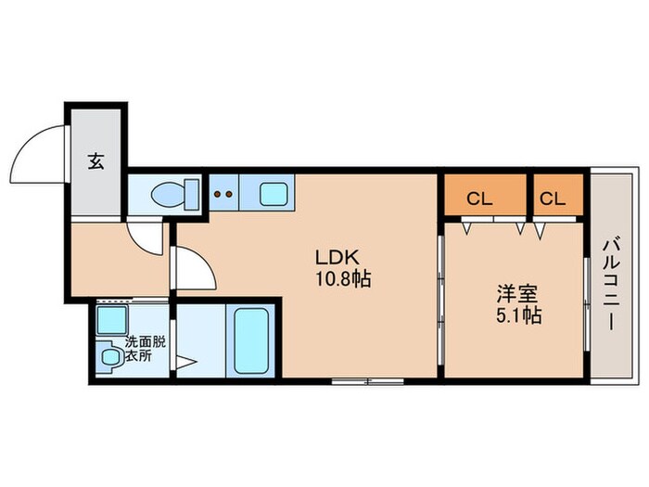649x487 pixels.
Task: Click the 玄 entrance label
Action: pyautogui.click(x=95, y=161)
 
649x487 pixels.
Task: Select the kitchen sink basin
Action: pyautogui.click(x=274, y=194)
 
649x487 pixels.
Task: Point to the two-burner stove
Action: pyautogui.click(x=224, y=193)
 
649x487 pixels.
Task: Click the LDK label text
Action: pyautogui.click(x=337, y=258)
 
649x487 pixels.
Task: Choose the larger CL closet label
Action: pyautogui.click(x=479, y=199)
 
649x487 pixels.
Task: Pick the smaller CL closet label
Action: pyautogui.click(x=553, y=199)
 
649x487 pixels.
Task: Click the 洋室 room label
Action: pyautogui.click(x=517, y=294)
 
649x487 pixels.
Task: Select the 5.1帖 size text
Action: pyautogui.click(x=518, y=316)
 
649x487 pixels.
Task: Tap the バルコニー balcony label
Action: pyautogui.click(x=610, y=285)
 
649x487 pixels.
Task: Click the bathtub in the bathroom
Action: pyautogui.click(x=251, y=341)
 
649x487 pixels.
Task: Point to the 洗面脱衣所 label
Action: pyautogui.click(x=145, y=349)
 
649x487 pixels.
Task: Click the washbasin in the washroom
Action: pyautogui.click(x=109, y=356)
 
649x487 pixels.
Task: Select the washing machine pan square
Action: pyautogui.click(x=111, y=320)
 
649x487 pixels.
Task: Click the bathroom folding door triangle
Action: pyautogui.click(x=185, y=362)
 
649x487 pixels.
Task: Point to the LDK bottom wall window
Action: pyautogui.click(x=367, y=381)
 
